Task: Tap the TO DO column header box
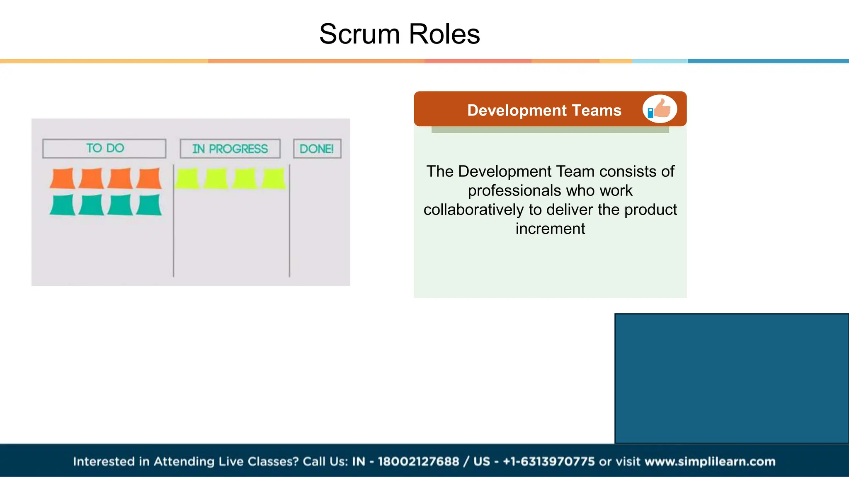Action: pos(104,148)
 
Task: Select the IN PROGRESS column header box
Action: pos(230,149)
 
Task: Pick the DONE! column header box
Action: pos(317,149)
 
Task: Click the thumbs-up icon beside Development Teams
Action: pos(660,109)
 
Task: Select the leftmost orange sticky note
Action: pos(63,178)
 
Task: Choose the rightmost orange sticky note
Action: pos(149,178)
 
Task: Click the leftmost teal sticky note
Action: pos(63,205)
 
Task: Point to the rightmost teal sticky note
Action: pos(149,205)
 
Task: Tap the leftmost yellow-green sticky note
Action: pos(187,178)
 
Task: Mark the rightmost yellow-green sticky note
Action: pos(274,178)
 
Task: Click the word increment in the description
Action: pos(550,229)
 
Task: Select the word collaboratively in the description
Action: pos(474,210)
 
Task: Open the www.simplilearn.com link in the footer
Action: pos(710,461)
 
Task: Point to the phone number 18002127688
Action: pos(418,461)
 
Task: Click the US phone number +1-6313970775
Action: pos(548,461)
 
